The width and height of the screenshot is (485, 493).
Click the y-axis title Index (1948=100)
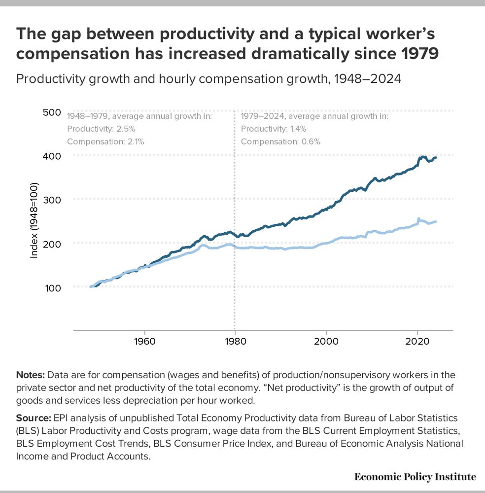click(35, 221)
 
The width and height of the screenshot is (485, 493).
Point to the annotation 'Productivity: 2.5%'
click(101, 129)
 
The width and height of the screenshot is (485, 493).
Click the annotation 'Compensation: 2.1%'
click(105, 141)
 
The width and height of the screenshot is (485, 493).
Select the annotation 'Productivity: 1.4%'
click(274, 129)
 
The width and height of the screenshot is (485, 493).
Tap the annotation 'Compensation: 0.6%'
click(280, 141)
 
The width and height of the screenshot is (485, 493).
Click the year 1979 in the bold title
click(416, 53)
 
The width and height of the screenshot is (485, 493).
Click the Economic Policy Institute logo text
click(415, 476)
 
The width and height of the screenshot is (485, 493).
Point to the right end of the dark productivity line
click(436, 157)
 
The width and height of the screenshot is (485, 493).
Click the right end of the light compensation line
click(436, 222)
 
